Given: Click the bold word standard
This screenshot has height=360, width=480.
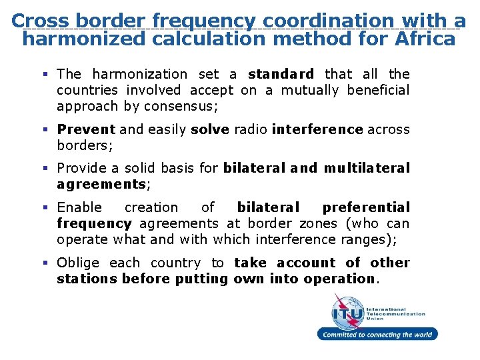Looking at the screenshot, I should (281, 74).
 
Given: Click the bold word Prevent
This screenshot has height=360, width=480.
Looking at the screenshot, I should (86, 129).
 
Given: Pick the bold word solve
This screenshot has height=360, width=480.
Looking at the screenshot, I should (210, 129).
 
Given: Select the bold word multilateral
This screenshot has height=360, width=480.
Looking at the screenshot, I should (367, 168).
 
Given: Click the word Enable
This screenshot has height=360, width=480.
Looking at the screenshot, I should (79, 207).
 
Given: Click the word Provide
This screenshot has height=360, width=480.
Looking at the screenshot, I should (83, 168).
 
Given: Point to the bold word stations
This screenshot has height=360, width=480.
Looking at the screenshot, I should (87, 279).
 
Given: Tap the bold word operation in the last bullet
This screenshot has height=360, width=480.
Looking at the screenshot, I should (339, 279).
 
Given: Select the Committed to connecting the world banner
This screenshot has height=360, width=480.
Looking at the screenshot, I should (377, 335).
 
